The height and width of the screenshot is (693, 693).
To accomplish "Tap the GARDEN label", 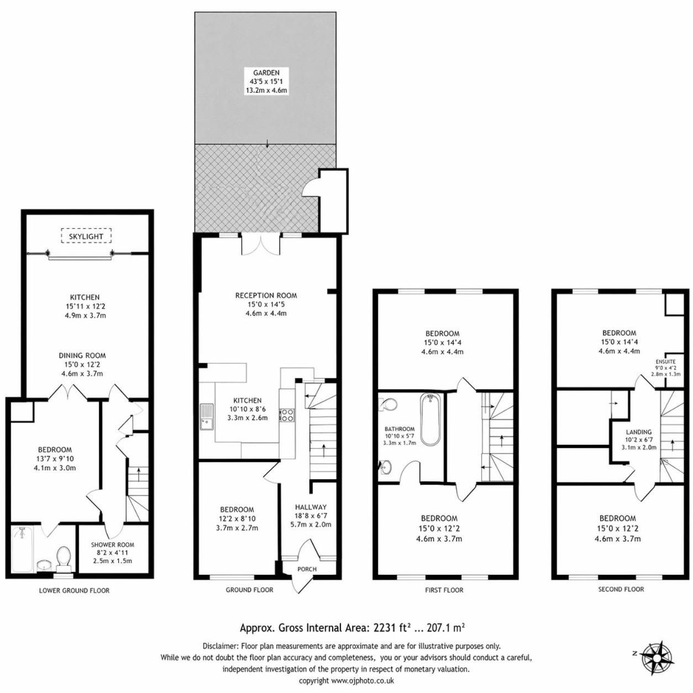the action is [x=266, y=72].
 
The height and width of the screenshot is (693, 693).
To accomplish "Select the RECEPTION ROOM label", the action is [x=266, y=296].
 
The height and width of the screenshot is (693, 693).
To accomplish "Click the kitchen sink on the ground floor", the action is [x=207, y=417].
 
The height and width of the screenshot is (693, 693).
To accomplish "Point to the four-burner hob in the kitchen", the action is [x=287, y=415].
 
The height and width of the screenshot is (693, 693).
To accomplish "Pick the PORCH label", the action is [x=307, y=569].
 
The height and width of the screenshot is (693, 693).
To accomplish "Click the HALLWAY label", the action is [x=311, y=507].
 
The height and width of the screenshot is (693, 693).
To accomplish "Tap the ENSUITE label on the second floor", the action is [x=665, y=361].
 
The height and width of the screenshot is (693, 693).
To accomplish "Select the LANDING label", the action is [x=639, y=432].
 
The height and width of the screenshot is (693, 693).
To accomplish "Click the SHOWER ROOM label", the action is [x=113, y=545].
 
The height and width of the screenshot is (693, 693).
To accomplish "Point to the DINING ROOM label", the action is [x=82, y=356].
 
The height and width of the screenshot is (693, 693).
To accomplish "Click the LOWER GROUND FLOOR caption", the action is [x=74, y=590].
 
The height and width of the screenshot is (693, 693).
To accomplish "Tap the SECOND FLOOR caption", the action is [x=621, y=589].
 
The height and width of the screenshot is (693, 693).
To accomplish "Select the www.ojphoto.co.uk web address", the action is [x=362, y=680].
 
